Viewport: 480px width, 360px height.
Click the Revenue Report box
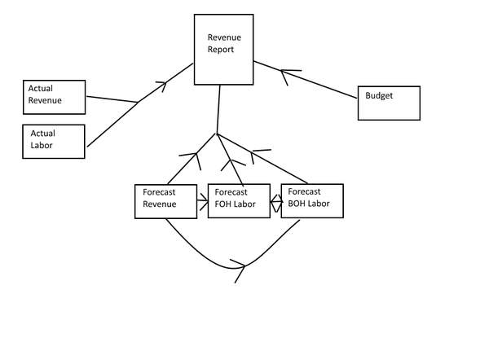tap(222, 50)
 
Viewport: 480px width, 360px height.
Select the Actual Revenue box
tap(55, 97)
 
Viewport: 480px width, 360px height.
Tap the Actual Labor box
tap(53, 141)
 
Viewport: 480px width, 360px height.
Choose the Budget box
tap(389, 103)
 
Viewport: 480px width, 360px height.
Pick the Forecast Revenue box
tap(166, 201)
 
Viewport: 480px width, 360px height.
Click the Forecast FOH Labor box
tap(239, 200)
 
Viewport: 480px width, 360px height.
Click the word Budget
tap(379, 96)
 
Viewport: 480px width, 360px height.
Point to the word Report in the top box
tap(221, 50)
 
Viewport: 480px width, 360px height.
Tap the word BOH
tap(298, 204)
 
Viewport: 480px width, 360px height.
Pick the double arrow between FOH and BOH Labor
tap(275, 200)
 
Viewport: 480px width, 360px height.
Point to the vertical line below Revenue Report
tap(219, 108)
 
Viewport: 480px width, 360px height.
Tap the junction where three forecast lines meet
tap(217, 134)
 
